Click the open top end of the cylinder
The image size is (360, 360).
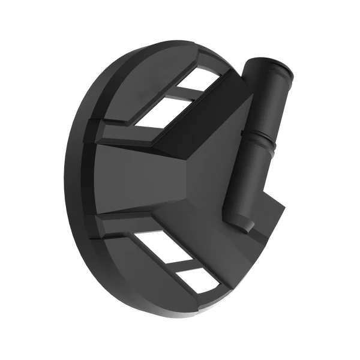coord(277,67)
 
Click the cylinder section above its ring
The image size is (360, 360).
coord(269,99)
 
